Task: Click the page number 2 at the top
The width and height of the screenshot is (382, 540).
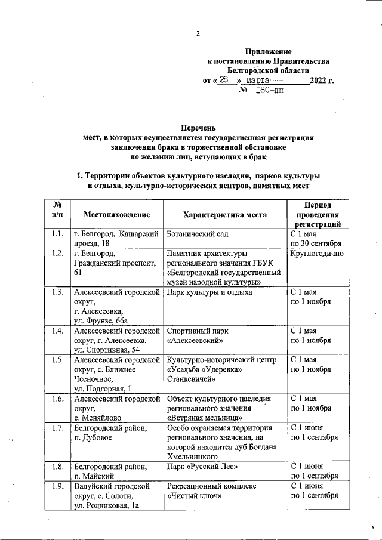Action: pos(198,33)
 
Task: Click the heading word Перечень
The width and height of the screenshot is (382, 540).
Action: pos(198,128)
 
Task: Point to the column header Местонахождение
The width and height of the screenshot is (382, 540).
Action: pos(116,214)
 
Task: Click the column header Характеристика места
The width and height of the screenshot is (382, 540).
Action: pos(225,214)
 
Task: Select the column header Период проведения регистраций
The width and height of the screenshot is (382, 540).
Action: pos(322,214)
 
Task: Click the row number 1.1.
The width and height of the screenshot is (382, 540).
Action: pos(58,234)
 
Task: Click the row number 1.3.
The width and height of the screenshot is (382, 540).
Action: pos(58,292)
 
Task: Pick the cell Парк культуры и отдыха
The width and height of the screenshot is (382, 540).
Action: pos(210,292)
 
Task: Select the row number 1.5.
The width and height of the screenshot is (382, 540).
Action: pos(58,360)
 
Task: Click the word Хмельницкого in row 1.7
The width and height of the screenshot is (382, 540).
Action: pos(193,457)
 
